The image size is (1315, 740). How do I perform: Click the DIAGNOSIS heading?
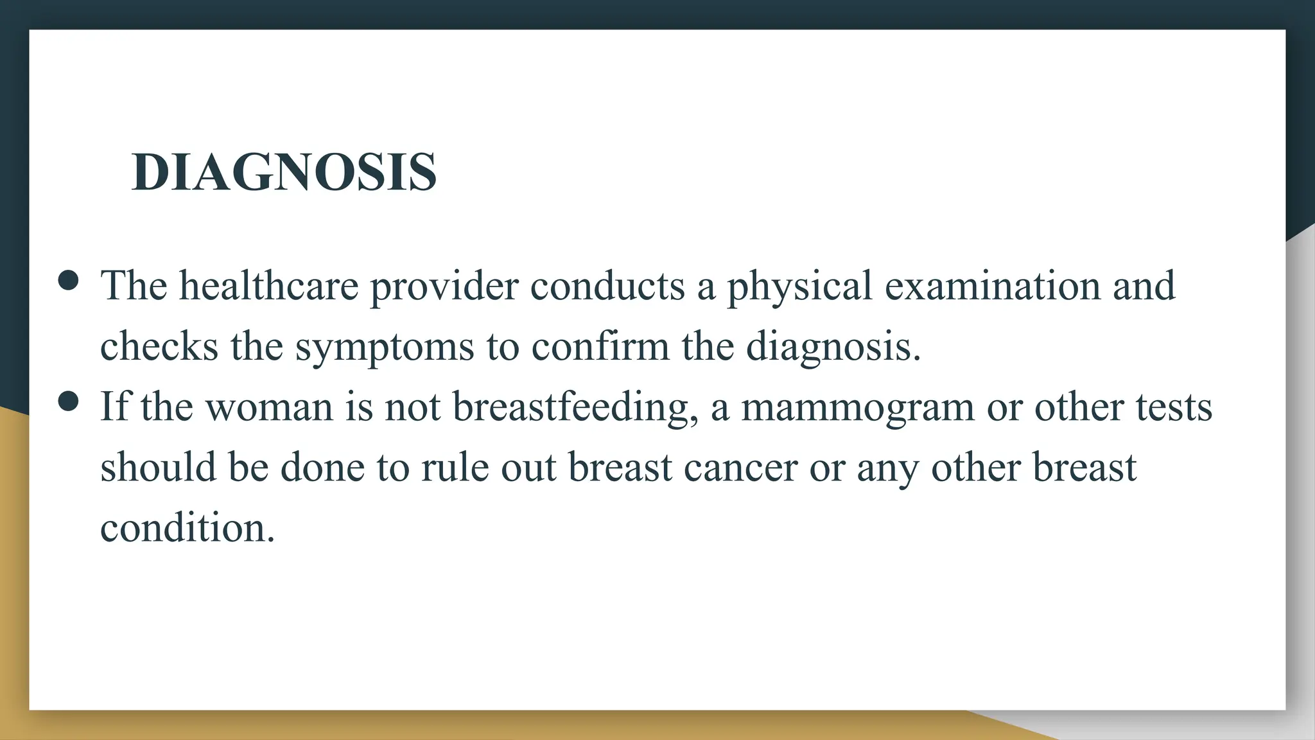click(284, 172)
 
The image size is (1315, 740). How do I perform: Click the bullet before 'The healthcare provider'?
click(68, 280)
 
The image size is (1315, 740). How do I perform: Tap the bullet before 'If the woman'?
click(68, 401)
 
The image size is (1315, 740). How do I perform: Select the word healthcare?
click(268, 286)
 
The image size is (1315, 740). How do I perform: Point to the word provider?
click(444, 287)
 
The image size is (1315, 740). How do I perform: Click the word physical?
click(799, 287)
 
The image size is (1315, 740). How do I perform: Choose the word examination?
click(993, 286)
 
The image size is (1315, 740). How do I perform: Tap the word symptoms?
click(385, 348)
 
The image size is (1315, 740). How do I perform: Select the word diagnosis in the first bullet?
click(833, 348)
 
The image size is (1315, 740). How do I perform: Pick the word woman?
click(269, 408)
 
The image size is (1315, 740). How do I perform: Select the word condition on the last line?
click(187, 528)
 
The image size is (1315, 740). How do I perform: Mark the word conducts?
click(607, 286)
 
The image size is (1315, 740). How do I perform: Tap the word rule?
click(455, 467)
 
